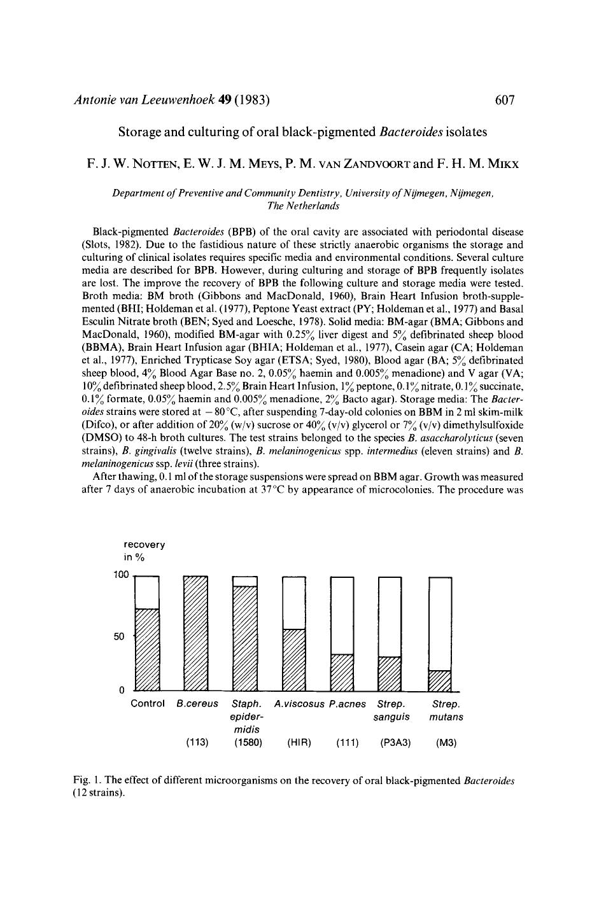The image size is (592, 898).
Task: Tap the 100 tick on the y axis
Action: pos(121,574)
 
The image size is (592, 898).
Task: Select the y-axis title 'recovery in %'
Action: pos(144,551)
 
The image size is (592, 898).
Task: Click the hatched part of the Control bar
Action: pos(148,649)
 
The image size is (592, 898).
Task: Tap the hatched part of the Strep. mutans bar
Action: pos(440,680)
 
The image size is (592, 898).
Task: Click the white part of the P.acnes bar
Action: pos(342,615)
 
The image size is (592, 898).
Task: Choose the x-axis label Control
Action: pos(148,704)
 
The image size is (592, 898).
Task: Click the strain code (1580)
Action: pos(245,743)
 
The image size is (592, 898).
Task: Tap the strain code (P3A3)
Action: pos(390,743)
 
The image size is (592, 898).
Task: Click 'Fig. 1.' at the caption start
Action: pos(87,780)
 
